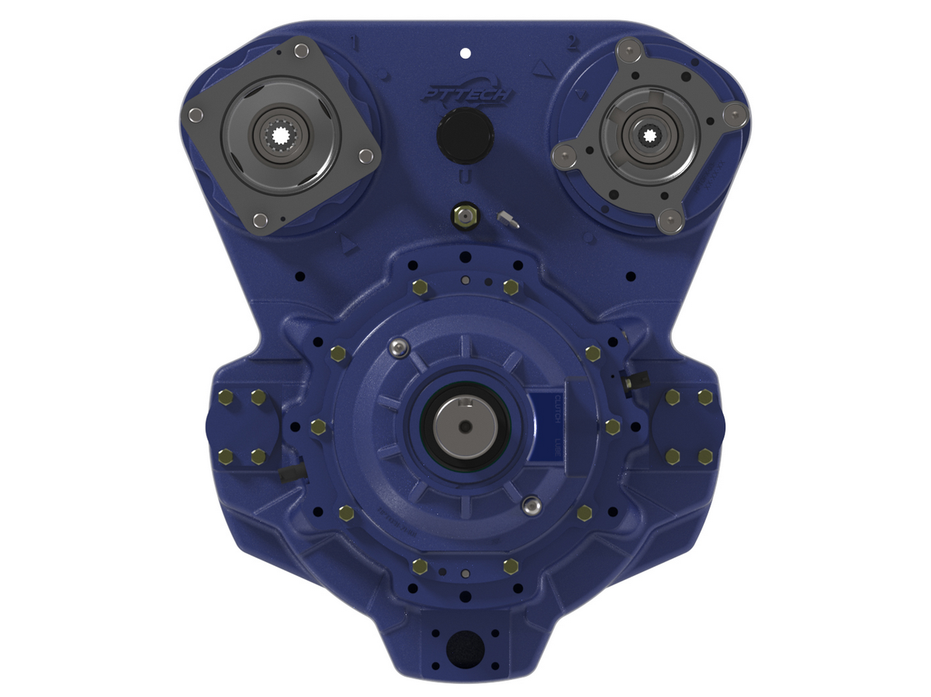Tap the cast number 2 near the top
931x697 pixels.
573,43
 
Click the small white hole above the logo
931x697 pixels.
465,53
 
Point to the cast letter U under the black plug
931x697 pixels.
463,176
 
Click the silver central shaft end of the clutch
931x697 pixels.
464,429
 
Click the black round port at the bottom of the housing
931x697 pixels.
465,646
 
